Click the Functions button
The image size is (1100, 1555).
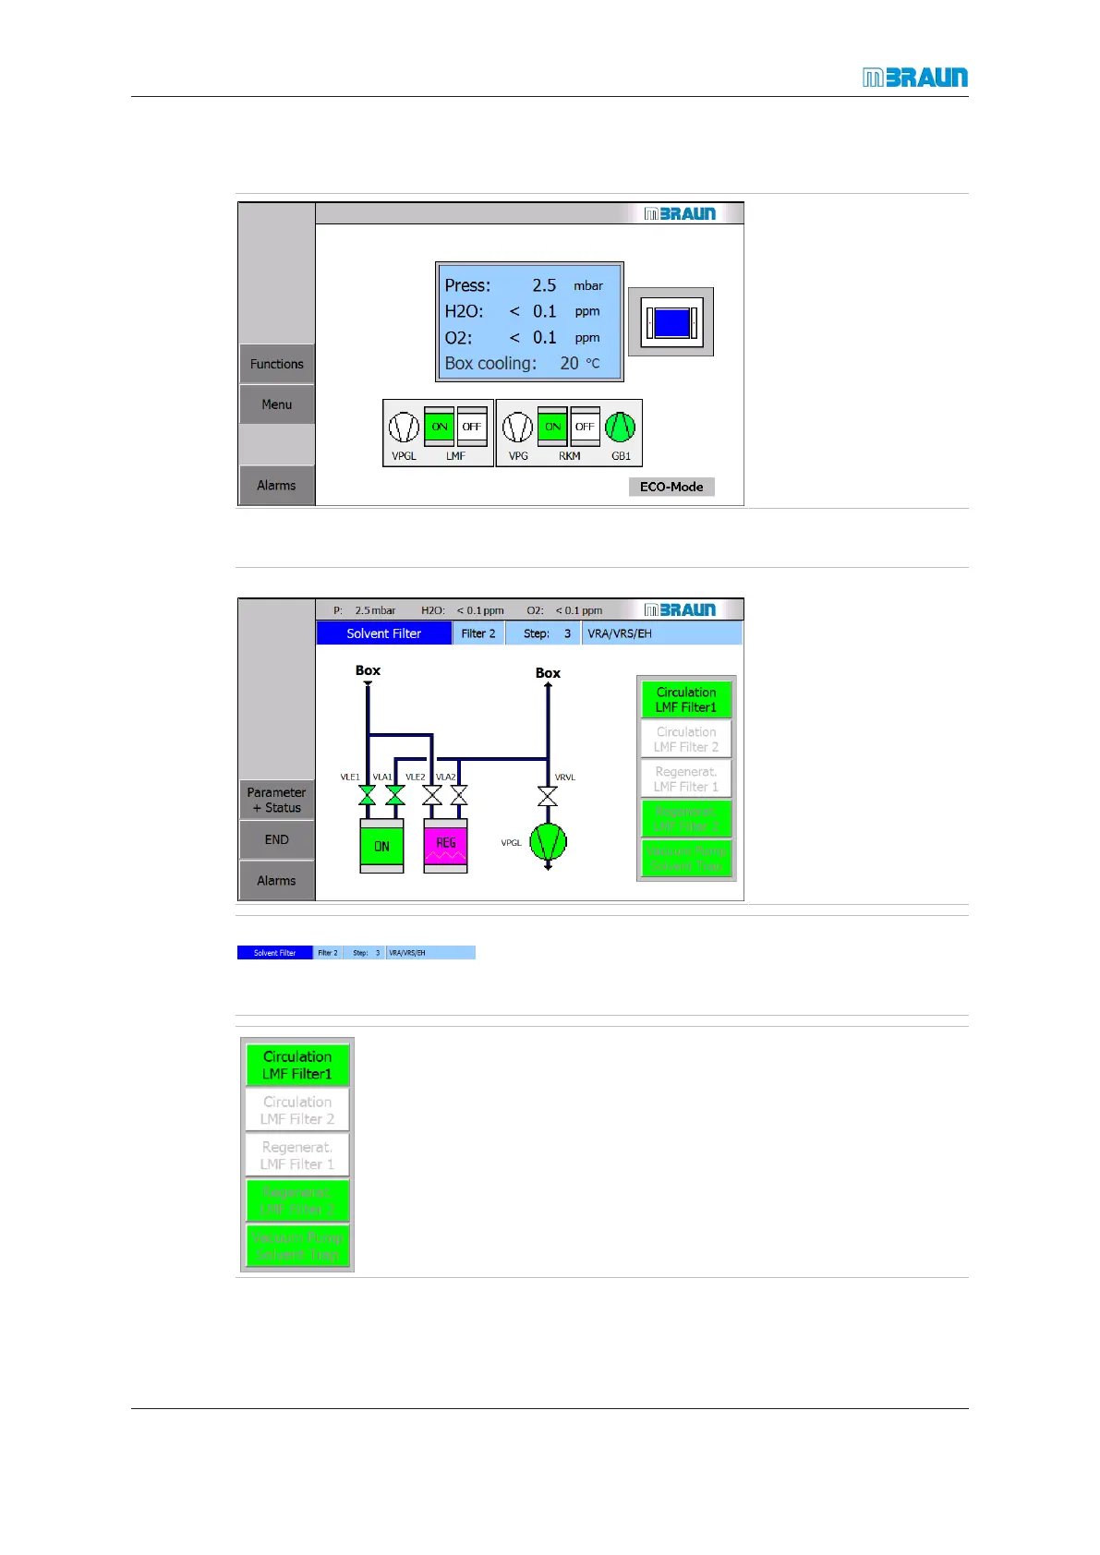pos(276,364)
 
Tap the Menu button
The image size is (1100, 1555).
pos(276,404)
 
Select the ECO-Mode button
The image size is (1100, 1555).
pos(671,487)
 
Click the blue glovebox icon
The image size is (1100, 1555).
pos(671,322)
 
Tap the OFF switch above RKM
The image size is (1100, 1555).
pos(585,427)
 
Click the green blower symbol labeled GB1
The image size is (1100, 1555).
pos(621,427)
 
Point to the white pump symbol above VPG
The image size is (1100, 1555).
pos(517,427)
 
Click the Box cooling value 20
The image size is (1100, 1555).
pos(569,364)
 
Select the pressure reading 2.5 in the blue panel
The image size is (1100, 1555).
pos(544,285)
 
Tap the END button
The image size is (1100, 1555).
pos(276,839)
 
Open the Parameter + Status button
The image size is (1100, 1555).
pos(276,800)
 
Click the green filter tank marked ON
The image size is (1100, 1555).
pos(381,845)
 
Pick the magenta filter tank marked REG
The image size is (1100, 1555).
pos(445,845)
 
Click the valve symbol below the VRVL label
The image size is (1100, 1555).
pos(548,795)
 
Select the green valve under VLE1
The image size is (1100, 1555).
pos(368,795)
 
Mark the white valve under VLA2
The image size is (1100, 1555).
pos(459,795)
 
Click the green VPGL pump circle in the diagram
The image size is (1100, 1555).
pos(548,842)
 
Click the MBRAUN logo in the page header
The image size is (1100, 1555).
pos(914,78)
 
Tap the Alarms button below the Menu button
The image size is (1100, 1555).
pos(276,486)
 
